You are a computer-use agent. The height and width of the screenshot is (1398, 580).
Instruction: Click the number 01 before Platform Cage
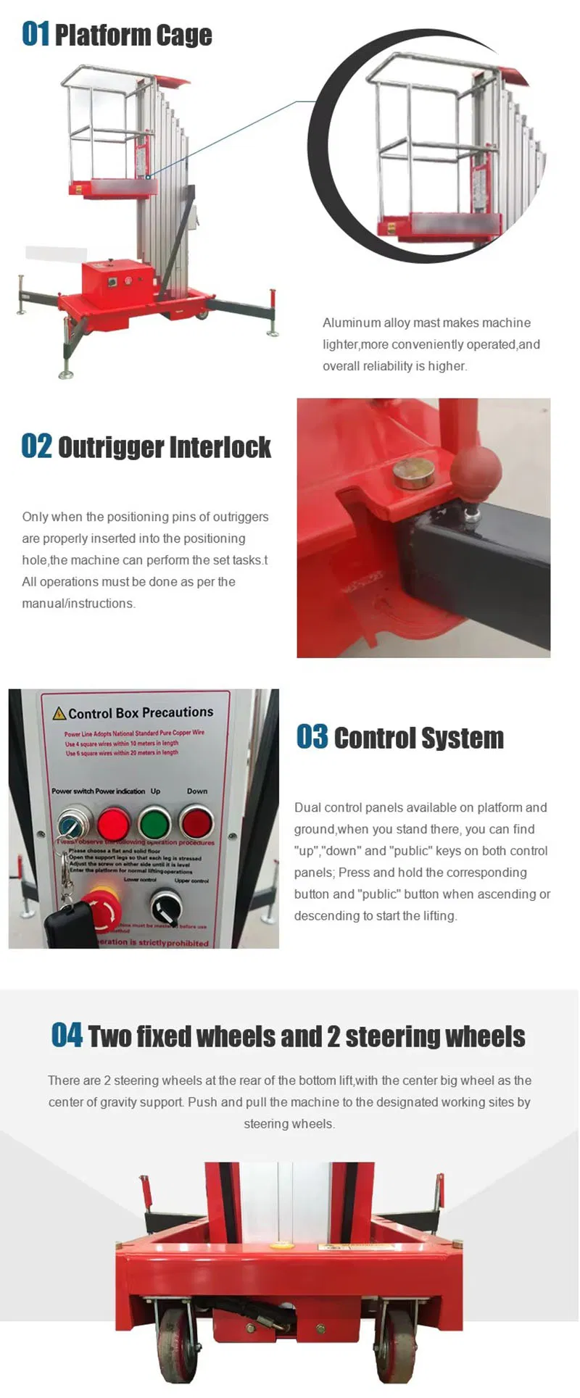(x=35, y=33)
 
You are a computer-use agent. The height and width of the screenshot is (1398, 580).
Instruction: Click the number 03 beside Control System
(x=312, y=737)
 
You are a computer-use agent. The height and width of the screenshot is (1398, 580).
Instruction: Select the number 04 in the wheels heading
(x=67, y=1035)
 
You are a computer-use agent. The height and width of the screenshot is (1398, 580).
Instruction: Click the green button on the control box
(x=154, y=823)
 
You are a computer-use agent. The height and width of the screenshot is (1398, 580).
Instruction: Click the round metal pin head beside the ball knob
(x=414, y=473)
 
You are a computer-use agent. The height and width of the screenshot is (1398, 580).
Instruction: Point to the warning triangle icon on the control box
(x=59, y=714)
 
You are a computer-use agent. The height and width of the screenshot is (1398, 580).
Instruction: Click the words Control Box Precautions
(x=141, y=712)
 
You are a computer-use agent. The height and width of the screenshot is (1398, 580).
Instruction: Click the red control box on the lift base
(x=117, y=280)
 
